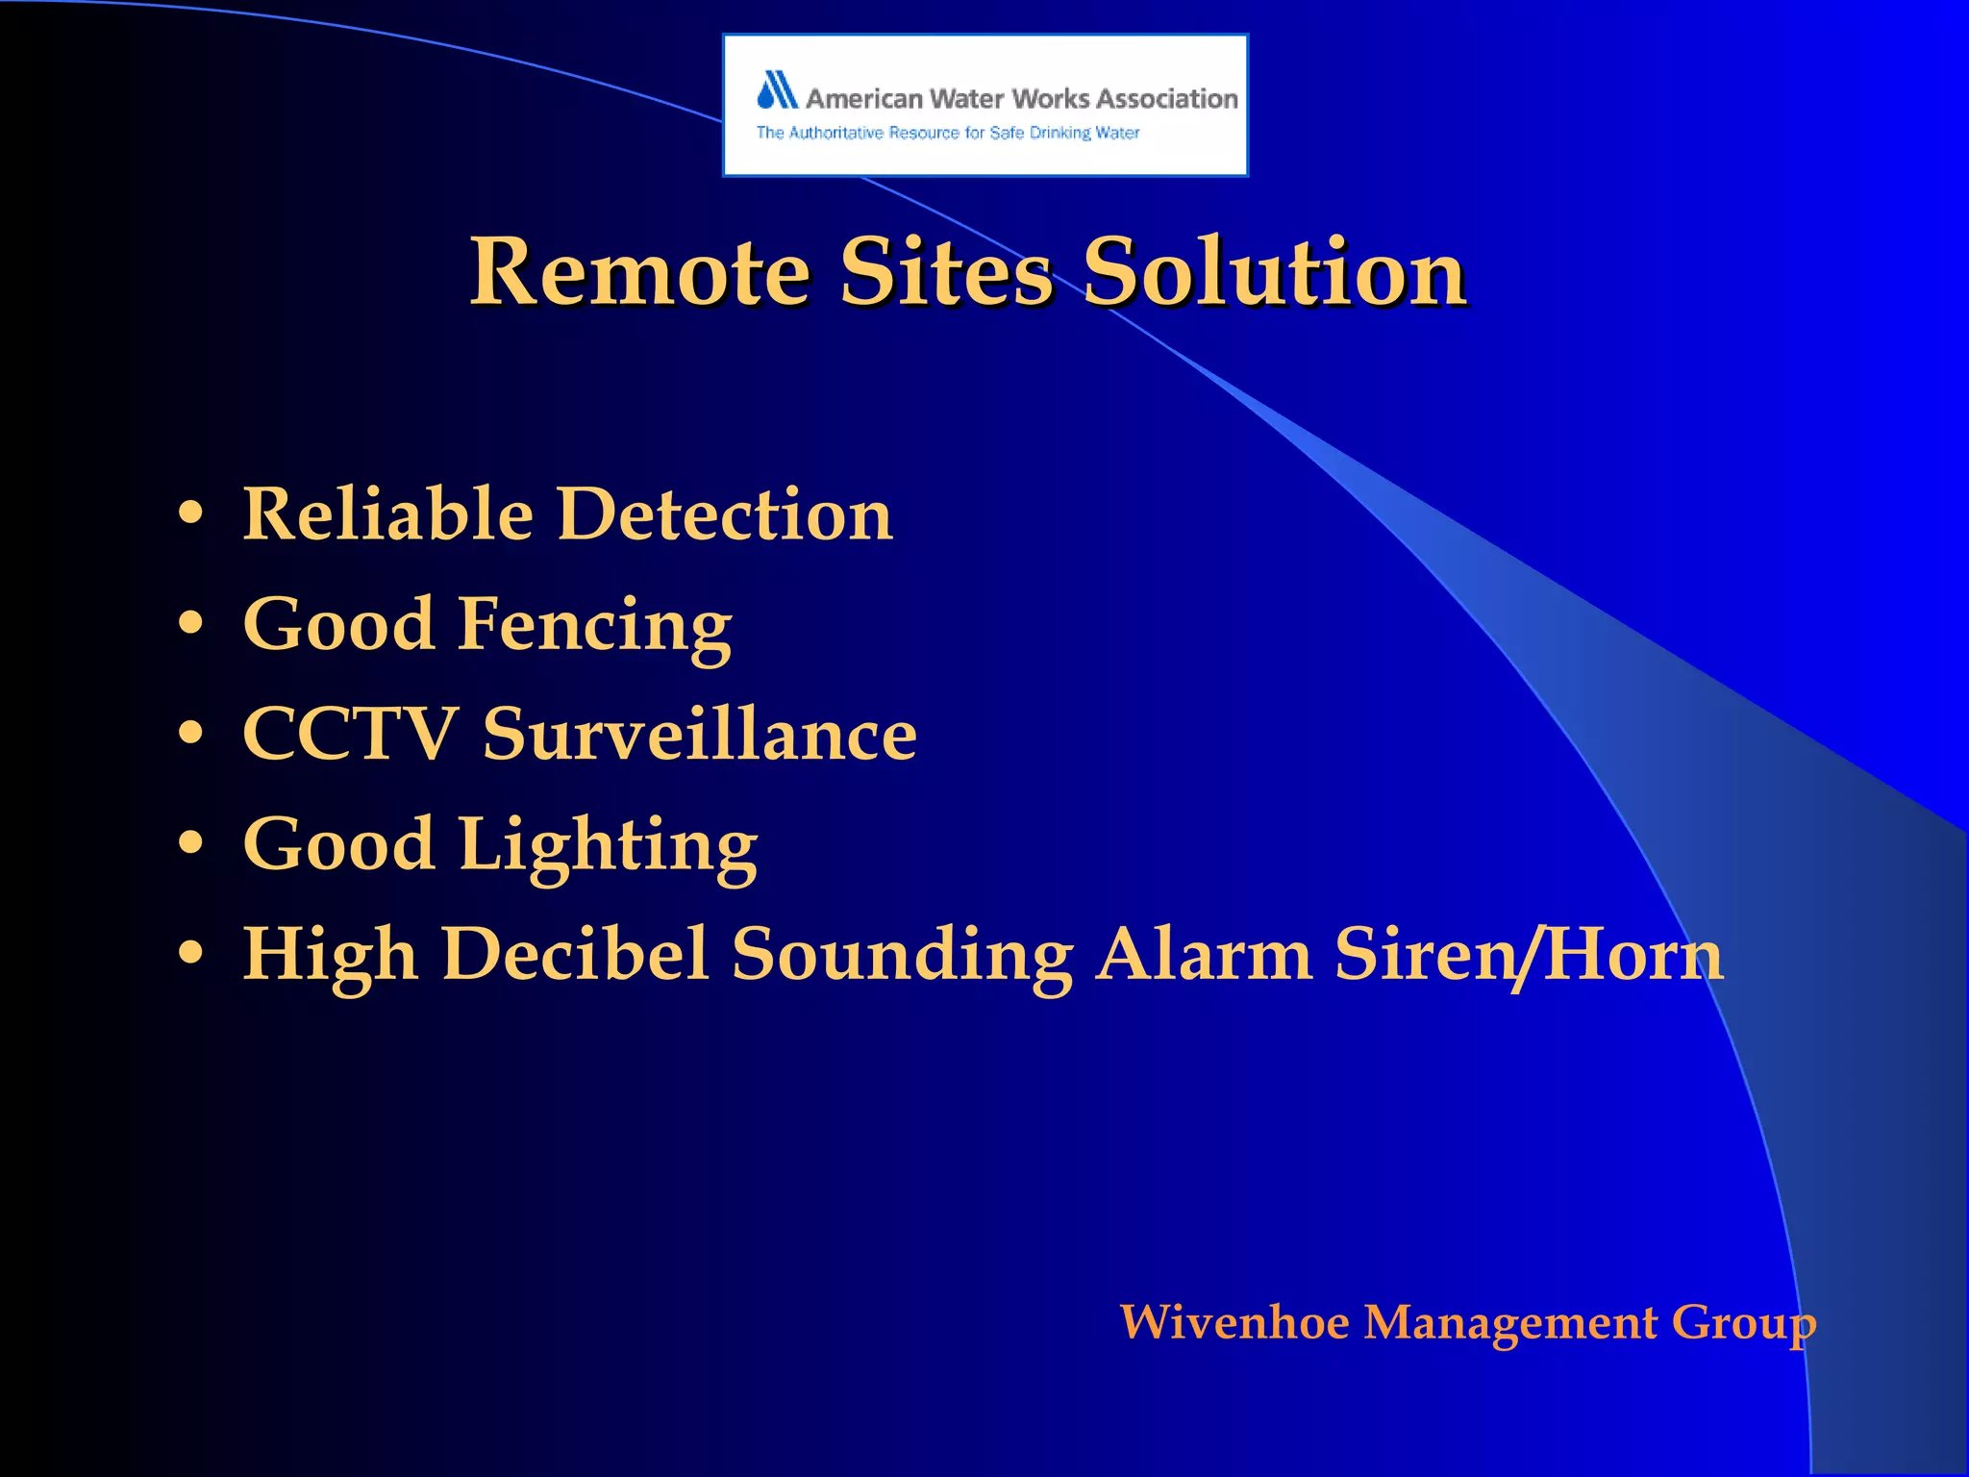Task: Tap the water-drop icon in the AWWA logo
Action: point(777,90)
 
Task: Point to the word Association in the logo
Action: point(1167,99)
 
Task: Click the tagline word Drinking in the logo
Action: point(1060,133)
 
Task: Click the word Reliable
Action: point(387,514)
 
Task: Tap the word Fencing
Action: point(595,626)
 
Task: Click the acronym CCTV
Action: point(349,735)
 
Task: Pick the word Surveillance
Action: point(699,735)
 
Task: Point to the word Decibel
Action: point(574,955)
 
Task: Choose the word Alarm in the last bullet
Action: point(1204,955)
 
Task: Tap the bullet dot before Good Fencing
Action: point(191,624)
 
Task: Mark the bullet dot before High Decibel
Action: point(191,953)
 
